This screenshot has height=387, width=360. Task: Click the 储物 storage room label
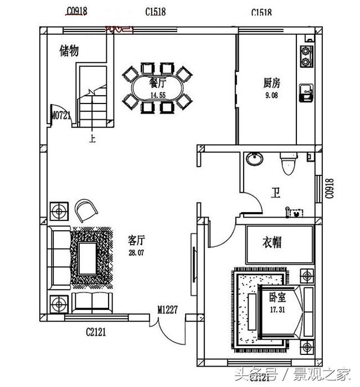69,51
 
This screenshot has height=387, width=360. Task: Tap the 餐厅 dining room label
157,83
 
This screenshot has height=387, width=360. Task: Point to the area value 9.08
271,96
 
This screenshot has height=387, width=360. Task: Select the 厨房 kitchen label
271,84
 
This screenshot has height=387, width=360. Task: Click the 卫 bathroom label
276,194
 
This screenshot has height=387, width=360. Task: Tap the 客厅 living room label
137,241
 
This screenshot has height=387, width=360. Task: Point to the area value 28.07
137,253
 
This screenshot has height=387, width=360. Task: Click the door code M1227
168,309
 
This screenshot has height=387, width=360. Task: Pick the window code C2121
96,332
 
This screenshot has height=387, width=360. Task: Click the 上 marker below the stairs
92,136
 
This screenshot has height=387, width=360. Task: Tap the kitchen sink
307,92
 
